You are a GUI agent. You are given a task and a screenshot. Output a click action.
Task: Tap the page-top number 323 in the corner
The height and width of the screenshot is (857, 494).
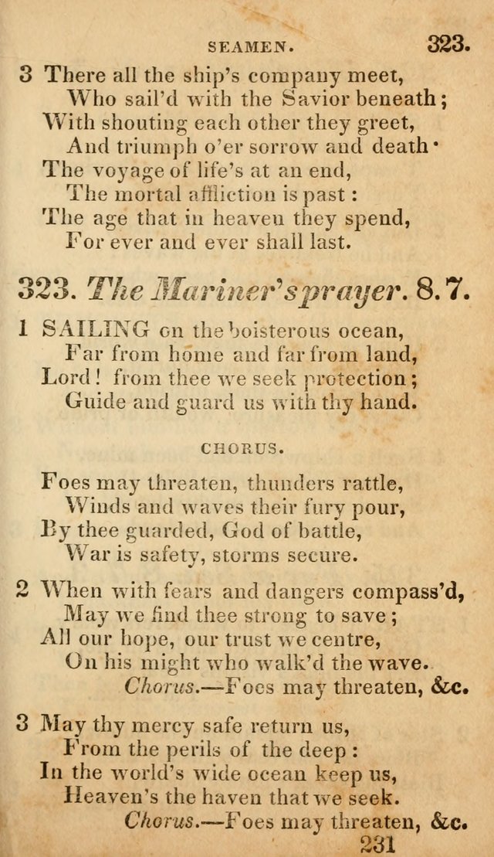pos(448,43)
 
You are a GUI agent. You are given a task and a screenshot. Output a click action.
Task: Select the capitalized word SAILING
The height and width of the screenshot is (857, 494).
pos(96,330)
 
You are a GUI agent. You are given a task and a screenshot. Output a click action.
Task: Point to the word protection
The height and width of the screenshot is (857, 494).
pos(354,379)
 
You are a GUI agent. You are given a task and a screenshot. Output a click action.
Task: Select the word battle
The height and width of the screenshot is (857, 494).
pos(364,532)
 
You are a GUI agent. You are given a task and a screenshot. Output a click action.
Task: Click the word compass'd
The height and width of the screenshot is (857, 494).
pos(408,592)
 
